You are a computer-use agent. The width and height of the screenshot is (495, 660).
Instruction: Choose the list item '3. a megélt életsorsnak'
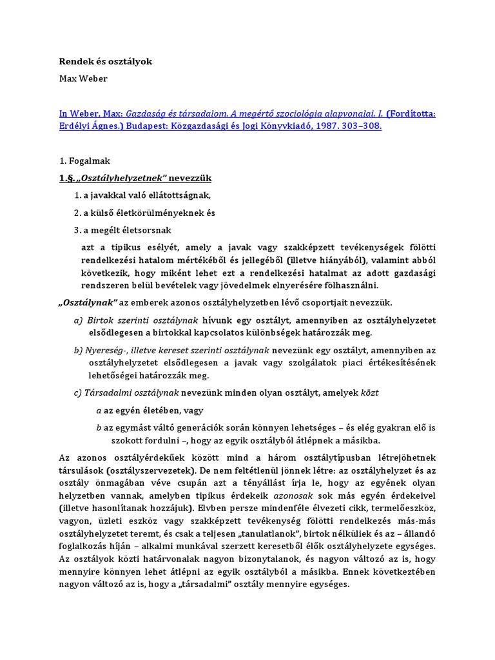tap(122, 229)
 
